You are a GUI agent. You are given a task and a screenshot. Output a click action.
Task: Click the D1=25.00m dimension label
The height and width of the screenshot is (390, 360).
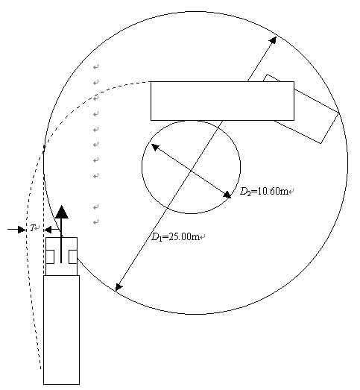point(175,236)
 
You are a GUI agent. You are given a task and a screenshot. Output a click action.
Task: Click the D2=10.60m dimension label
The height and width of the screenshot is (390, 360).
point(264,191)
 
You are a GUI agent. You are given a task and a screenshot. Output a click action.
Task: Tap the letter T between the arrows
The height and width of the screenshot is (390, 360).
point(32,227)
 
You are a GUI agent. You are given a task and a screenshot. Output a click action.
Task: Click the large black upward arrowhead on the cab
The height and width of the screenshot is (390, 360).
point(62,212)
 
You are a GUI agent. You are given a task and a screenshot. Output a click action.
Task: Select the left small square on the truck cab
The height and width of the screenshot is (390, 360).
point(50,257)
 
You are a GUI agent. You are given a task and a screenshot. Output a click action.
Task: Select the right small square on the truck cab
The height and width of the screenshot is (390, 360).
point(73,257)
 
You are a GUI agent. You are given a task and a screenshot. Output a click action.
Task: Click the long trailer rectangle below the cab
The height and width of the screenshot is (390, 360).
point(61,330)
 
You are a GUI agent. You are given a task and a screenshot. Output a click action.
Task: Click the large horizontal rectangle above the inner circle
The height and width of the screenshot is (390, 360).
point(223,101)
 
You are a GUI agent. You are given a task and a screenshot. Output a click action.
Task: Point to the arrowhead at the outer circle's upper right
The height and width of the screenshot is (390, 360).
point(274,40)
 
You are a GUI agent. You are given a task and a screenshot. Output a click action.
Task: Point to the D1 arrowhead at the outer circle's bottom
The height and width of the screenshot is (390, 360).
point(119,287)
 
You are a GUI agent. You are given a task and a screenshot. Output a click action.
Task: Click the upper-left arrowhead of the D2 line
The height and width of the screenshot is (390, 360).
point(155,147)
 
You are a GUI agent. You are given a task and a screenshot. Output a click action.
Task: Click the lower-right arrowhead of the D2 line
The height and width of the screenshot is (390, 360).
point(227,195)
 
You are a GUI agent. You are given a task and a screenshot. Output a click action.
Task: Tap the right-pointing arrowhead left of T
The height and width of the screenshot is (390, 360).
point(22,230)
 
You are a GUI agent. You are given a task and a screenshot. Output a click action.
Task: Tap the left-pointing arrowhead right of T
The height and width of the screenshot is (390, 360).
point(48,230)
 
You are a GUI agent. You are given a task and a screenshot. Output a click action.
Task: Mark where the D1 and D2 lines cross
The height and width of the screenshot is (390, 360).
point(191,170)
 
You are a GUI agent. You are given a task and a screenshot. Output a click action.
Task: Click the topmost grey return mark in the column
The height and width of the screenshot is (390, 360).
point(96,66)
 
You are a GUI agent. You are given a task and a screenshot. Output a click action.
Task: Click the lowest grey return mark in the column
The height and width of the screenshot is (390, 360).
point(96,221)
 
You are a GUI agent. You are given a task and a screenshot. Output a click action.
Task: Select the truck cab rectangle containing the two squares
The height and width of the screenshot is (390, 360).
point(61,257)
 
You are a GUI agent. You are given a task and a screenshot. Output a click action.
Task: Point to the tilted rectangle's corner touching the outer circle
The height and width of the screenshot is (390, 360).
point(339,113)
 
